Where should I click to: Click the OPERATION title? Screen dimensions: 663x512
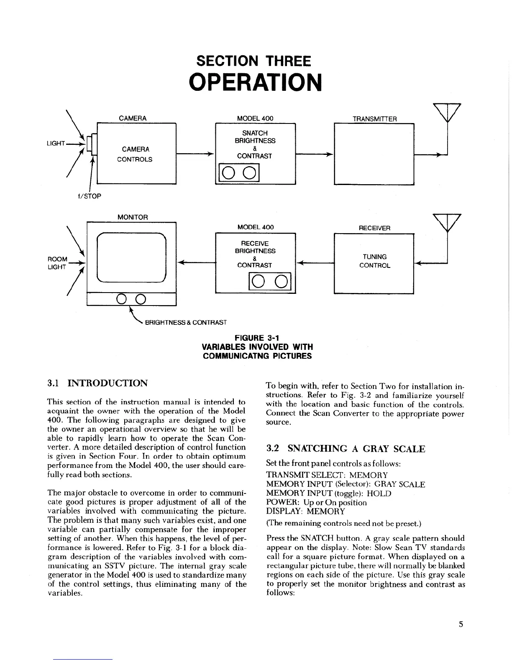(x=256, y=82)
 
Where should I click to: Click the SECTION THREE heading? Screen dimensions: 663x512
(x=254, y=61)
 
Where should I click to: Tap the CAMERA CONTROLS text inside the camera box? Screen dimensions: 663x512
(x=136, y=154)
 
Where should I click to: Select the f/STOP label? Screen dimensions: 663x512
(x=90, y=196)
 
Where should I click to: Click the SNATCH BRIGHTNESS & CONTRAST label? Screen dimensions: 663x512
(x=255, y=144)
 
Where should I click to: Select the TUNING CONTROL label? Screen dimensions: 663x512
(x=374, y=261)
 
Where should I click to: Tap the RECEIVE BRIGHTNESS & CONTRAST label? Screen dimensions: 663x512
(x=255, y=254)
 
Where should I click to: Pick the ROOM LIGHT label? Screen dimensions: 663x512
(x=57, y=263)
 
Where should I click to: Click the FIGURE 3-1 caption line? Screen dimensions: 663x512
(x=257, y=338)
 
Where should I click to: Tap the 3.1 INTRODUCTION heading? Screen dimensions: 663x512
(x=97, y=383)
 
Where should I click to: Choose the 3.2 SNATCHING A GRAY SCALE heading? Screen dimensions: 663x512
(x=346, y=449)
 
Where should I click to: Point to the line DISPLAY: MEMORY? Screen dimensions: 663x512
(x=305, y=511)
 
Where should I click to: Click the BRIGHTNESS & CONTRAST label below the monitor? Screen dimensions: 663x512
(x=185, y=322)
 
